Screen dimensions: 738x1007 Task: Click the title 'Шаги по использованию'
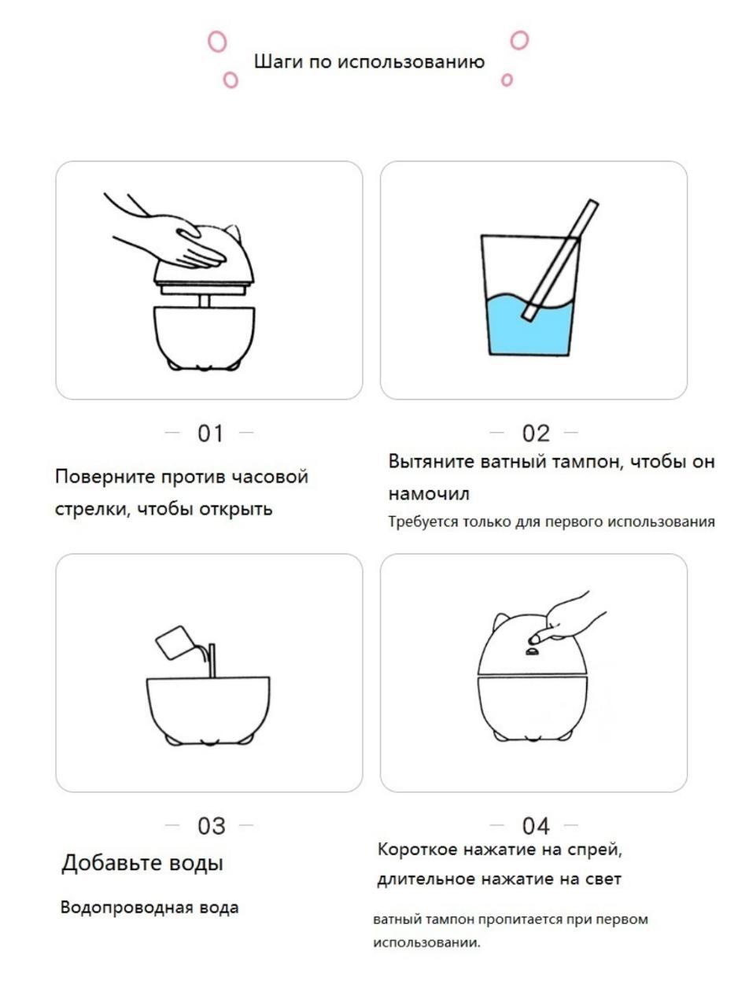pos(370,61)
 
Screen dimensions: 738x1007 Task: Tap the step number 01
pos(210,433)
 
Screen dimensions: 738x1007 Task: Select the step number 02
pos(536,433)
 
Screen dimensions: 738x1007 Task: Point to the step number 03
pos(211,826)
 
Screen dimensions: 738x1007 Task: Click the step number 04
pos(536,826)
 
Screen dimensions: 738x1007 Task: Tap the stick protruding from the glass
pos(561,260)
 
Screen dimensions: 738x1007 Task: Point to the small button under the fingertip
pos(531,651)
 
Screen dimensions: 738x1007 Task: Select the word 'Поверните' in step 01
pos(105,477)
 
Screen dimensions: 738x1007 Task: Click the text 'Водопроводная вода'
pos(149,908)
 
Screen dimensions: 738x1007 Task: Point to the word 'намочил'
pos(429,494)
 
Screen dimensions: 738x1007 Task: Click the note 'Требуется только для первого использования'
pos(552,522)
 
